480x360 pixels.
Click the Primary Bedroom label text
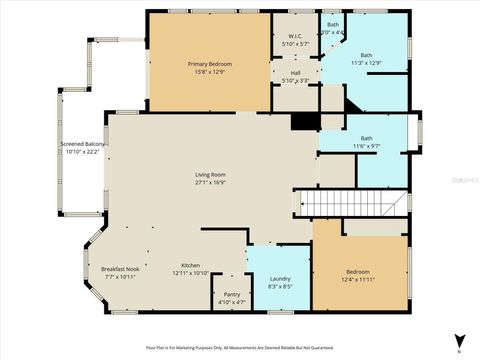click(210, 64)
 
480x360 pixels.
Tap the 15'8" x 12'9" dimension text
click(210, 72)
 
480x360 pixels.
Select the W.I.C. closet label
click(295, 36)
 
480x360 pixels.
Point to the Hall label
click(295, 72)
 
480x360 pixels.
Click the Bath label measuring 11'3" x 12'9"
click(366, 56)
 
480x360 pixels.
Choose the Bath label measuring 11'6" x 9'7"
click(366, 139)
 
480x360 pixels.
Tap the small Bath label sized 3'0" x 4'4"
click(334, 24)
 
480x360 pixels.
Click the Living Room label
click(210, 175)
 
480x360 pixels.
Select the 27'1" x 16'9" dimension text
click(210, 183)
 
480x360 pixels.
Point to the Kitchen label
click(189, 265)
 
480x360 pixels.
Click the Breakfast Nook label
click(118, 268)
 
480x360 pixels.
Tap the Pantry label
click(231, 294)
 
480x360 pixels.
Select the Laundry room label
click(279, 279)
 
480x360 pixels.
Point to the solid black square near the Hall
click(304, 121)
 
